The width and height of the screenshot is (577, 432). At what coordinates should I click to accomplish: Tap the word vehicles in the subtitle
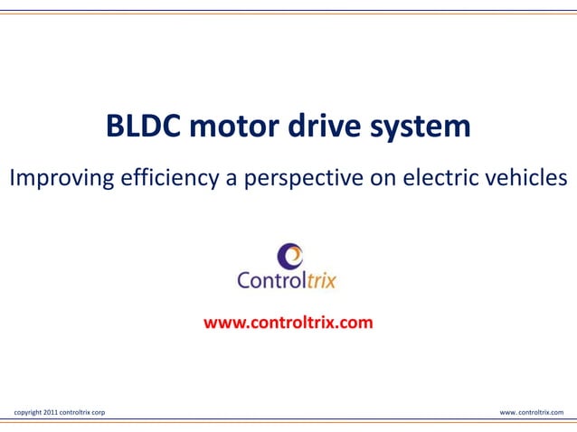529,178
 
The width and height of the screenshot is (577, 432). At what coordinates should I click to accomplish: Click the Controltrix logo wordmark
287,280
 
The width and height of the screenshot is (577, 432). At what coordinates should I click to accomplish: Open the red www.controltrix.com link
288,321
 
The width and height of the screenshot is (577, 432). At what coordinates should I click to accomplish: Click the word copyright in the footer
28,412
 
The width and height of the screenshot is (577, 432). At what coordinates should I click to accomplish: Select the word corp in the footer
96,412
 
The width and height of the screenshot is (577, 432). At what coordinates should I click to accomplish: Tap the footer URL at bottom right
532,412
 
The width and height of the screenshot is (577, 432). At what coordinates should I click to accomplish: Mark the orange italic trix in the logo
319,280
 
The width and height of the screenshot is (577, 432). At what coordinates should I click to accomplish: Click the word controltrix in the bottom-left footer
73,412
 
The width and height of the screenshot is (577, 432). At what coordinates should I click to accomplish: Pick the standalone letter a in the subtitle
232,179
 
